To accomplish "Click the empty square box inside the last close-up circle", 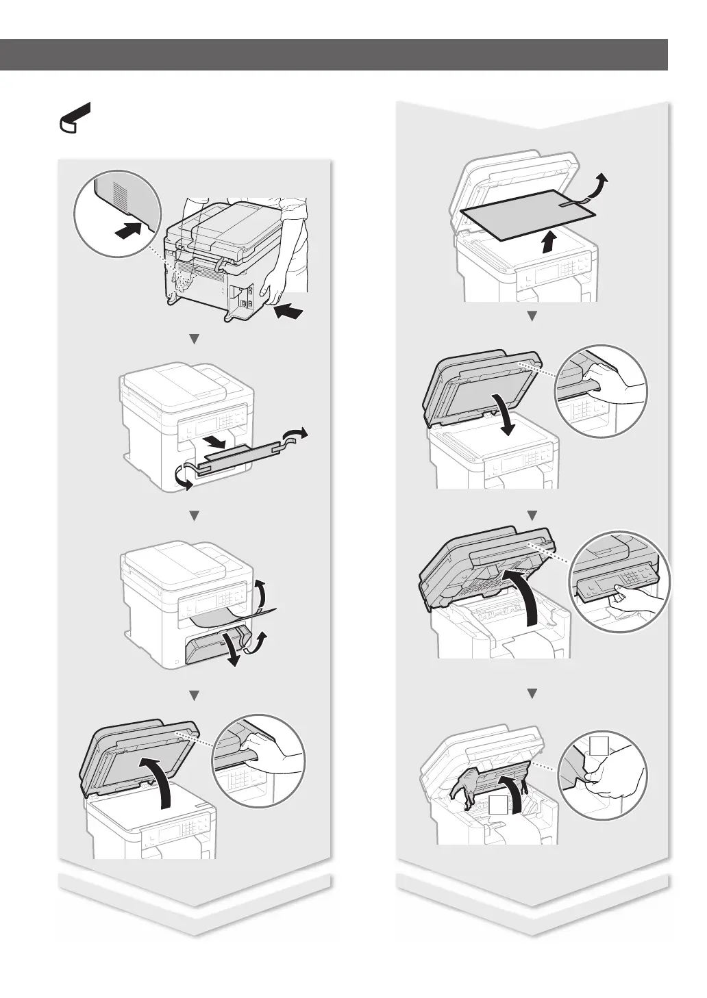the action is click(599, 747).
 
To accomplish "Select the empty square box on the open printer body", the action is click(497, 805).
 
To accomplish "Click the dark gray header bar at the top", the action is click(334, 55).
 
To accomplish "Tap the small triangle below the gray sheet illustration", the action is click(531, 316).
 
